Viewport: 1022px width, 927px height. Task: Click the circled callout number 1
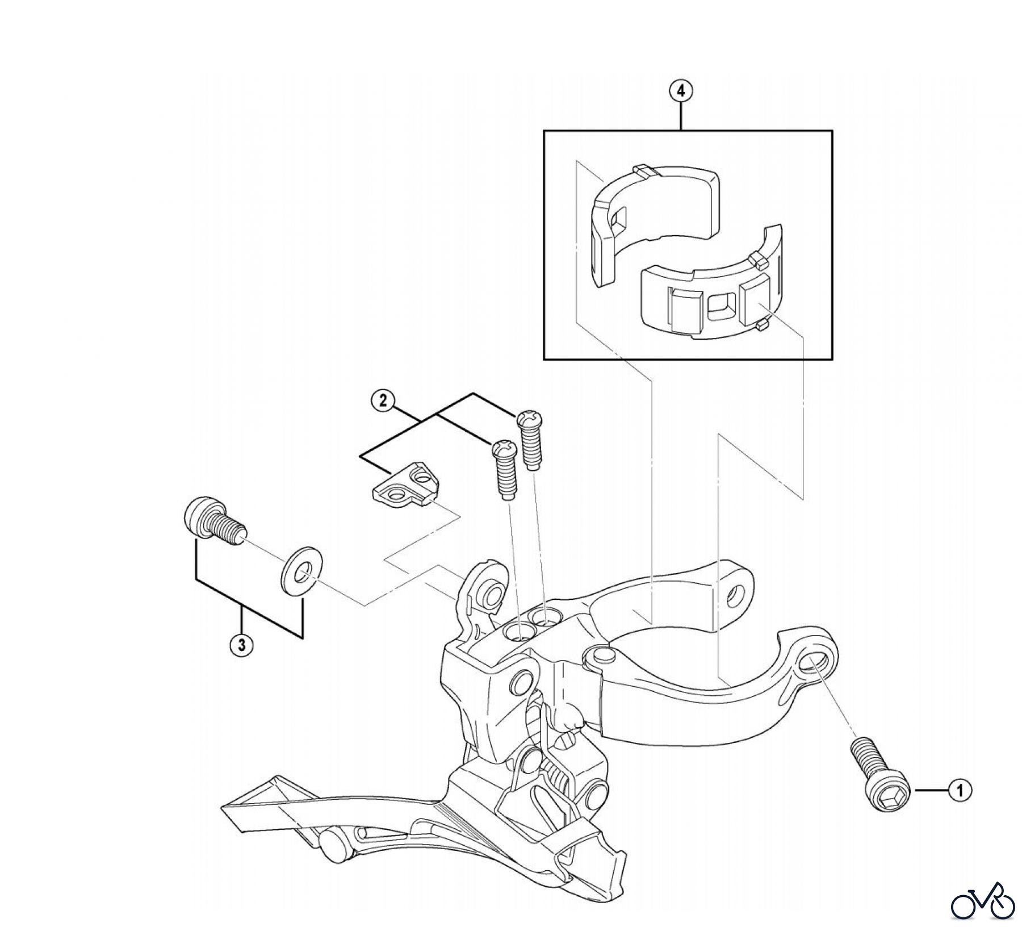(x=960, y=790)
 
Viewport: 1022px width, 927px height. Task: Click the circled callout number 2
(x=383, y=400)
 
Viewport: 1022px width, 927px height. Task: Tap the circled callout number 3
(x=242, y=645)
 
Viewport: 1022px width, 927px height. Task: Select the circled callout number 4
(x=681, y=91)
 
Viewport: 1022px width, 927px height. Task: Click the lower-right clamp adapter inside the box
(x=715, y=301)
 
